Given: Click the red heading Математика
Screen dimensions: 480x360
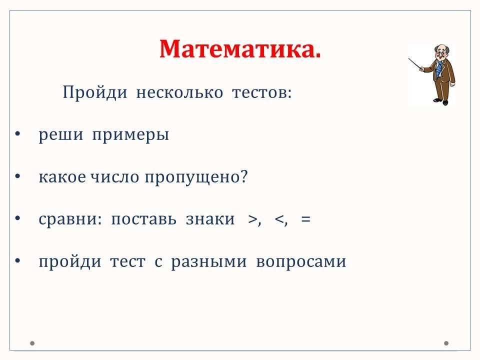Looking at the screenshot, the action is pos(240,49).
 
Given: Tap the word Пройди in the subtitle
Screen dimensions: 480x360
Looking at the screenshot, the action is pos(95,92).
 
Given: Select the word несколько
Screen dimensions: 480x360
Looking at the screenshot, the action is pos(179,92).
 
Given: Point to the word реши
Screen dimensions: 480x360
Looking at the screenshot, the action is pos(60,135).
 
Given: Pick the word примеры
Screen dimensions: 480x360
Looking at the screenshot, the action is pos(130,135).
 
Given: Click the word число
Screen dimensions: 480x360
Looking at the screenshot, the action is pos(114,177).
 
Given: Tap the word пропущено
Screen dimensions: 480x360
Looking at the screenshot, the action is pos(196,177).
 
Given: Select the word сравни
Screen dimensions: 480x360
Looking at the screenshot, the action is pos(70,219).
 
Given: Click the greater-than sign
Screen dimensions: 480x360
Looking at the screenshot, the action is pos(253,219).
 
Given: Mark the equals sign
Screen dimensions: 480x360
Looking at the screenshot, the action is pos(306,219).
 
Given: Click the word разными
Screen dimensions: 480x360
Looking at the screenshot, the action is pos(209,262).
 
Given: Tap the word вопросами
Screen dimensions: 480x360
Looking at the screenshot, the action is pos(301,262).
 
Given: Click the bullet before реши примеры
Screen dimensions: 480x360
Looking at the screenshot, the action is pos(17,133).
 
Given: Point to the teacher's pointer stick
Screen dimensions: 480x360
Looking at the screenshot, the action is pos(416,64).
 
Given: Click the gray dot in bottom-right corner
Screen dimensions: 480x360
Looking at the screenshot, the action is pos(446,343).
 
